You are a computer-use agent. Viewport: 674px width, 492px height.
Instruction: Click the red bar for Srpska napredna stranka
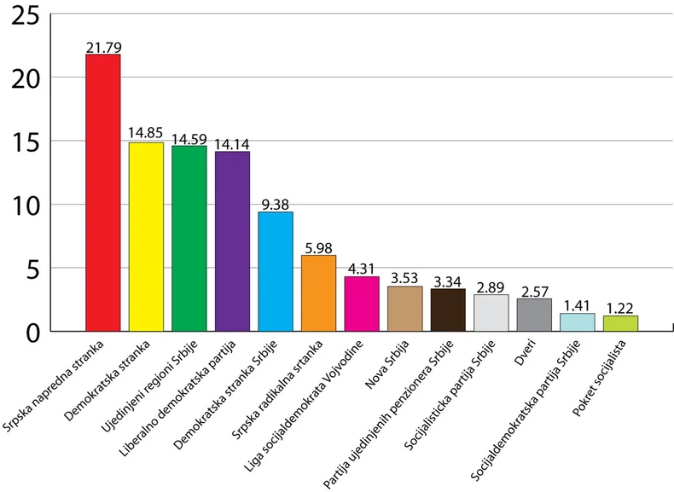pos(102,193)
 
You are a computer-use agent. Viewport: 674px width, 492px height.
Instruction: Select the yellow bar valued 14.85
pos(146,236)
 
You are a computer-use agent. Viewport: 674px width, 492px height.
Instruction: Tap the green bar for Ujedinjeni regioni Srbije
pos(189,238)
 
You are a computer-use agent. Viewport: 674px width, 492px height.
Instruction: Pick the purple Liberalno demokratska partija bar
pos(232,240)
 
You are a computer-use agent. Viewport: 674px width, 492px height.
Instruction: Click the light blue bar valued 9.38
pos(275,271)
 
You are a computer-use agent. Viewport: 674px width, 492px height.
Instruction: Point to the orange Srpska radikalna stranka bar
pos(318,292)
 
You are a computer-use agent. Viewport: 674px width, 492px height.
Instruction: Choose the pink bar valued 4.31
pos(362,304)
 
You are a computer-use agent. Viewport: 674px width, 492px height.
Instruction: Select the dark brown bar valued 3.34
pos(448,310)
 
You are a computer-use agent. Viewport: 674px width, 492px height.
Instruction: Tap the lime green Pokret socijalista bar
pos(620,323)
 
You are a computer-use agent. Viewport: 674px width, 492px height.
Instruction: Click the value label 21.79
pos(102,47)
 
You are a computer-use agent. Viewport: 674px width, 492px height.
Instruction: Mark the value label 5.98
pos(318,248)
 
